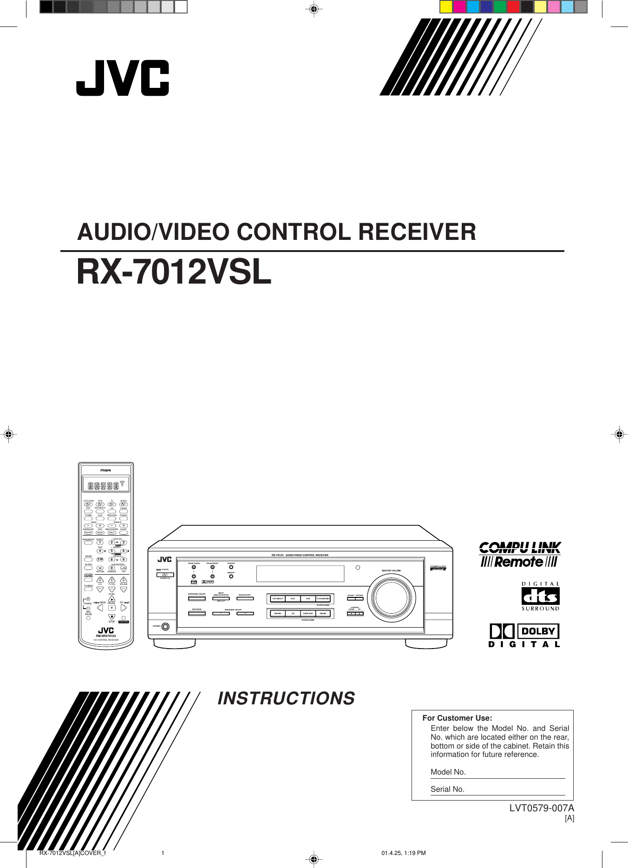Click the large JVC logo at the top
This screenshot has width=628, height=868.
123,78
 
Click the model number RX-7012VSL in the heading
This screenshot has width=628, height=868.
174,272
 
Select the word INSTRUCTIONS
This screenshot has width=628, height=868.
286,698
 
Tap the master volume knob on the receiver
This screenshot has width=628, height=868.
392,599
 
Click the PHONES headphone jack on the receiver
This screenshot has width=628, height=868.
165,626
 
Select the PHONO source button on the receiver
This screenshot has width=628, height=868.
278,614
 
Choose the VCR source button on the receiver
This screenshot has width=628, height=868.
308,599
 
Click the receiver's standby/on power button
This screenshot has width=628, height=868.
165,575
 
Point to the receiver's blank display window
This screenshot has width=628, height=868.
300,574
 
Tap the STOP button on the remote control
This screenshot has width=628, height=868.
111,617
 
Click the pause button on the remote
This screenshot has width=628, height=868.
111,608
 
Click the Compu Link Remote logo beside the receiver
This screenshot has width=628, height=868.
520,555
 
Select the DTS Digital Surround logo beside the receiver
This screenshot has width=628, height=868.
540,596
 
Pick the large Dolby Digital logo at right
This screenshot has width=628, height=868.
524,635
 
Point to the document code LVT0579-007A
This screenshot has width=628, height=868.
542,808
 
